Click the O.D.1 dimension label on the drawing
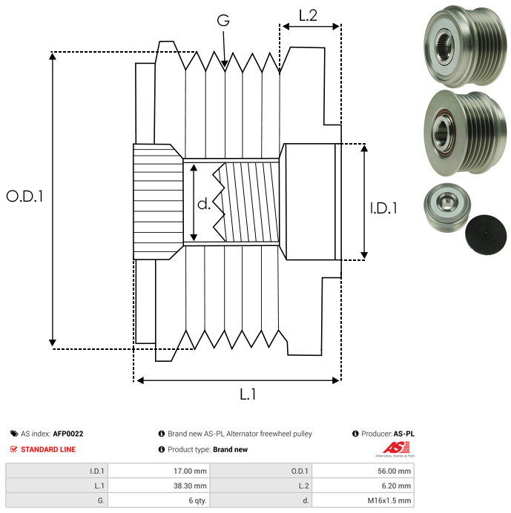24,196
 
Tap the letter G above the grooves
222,21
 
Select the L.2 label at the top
308,15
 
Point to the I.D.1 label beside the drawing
383,209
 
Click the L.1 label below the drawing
248,395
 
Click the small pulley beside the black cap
444,208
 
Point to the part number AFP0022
68,434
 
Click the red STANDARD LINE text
48,449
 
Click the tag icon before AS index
14,434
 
